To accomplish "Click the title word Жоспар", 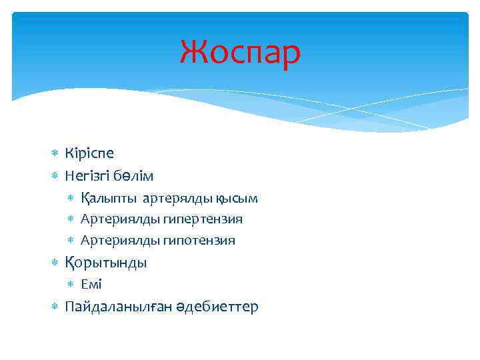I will pyautogui.click(x=240, y=53).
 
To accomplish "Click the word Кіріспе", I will pyautogui.click(x=89, y=153).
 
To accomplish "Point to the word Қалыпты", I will pyautogui.click(x=109, y=199).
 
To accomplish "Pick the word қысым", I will pyautogui.click(x=237, y=199).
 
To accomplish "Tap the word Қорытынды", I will pyautogui.click(x=106, y=263).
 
